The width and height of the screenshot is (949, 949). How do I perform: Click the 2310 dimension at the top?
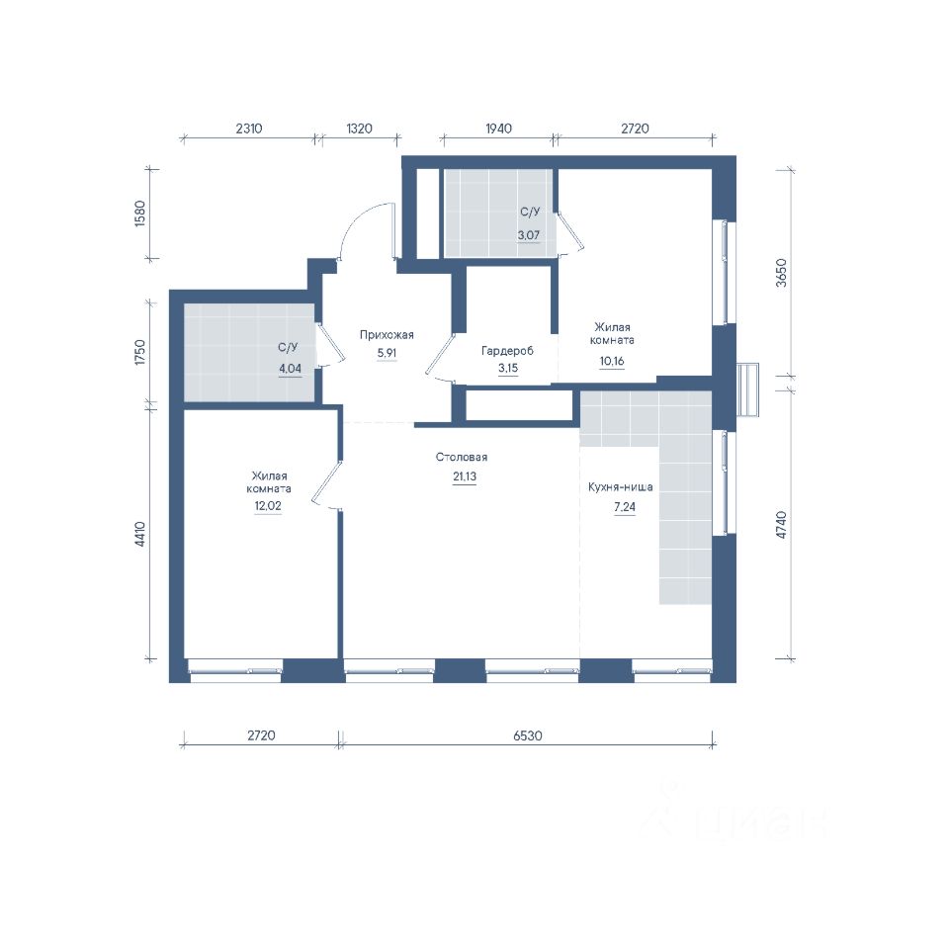pyautogui.click(x=249, y=129)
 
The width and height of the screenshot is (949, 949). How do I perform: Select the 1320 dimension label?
pyautogui.click(x=359, y=129)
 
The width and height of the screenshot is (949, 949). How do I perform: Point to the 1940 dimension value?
pyautogui.click(x=498, y=129)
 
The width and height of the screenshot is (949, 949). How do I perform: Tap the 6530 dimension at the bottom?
pyautogui.click(x=528, y=735)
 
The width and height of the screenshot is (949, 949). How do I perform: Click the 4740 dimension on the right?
pyautogui.click(x=781, y=525)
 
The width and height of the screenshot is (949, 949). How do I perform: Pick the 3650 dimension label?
pyautogui.click(x=781, y=273)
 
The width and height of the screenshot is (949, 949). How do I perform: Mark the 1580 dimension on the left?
pyautogui.click(x=139, y=214)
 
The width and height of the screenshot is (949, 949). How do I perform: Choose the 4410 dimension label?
pyautogui.click(x=139, y=534)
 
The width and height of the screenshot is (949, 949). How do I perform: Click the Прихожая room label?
pyautogui.click(x=387, y=335)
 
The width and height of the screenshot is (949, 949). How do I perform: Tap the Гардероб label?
pyautogui.click(x=507, y=350)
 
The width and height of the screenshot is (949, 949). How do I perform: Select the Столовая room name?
pyautogui.click(x=462, y=457)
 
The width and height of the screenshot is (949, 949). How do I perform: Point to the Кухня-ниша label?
pyautogui.click(x=621, y=486)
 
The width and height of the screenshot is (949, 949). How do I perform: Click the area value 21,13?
pyautogui.click(x=465, y=476)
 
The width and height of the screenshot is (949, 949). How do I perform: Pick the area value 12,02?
pyautogui.click(x=268, y=506)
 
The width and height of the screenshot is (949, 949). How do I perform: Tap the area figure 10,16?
pyautogui.click(x=612, y=362)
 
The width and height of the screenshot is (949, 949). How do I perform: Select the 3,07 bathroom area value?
pyautogui.click(x=528, y=235)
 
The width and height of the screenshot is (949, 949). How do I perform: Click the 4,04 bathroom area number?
pyautogui.click(x=290, y=368)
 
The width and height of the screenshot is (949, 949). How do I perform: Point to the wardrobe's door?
pyautogui.click(x=438, y=357)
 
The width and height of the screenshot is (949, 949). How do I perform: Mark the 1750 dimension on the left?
pyautogui.click(x=139, y=352)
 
